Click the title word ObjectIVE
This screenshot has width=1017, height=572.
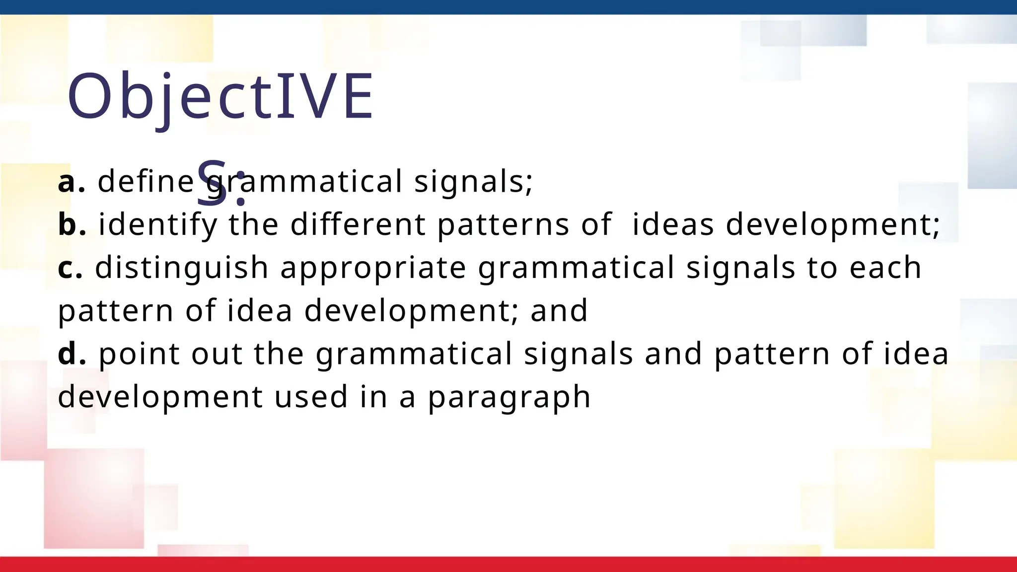pyautogui.click(x=220, y=97)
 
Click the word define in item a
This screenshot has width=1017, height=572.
pyautogui.click(x=145, y=181)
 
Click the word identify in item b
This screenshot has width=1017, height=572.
pyautogui.click(x=158, y=224)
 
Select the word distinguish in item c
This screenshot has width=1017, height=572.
pyautogui.click(x=182, y=268)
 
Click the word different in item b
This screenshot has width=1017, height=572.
pyautogui.click(x=358, y=224)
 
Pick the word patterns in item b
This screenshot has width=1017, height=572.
pyautogui.click(x=503, y=224)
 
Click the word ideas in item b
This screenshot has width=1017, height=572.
pyautogui.click(x=673, y=224)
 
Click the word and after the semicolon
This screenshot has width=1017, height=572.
pyautogui.click(x=559, y=311)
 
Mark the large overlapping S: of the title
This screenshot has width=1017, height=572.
pyautogui.click(x=221, y=183)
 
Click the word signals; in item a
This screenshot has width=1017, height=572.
pyautogui.click(x=473, y=182)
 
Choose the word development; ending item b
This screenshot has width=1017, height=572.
pyautogui.click(x=833, y=224)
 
